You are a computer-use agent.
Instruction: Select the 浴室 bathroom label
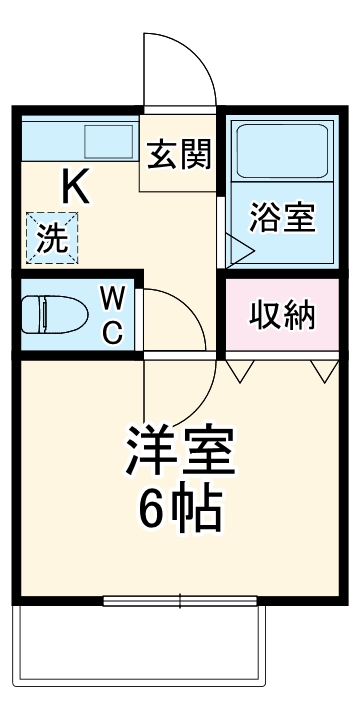283,217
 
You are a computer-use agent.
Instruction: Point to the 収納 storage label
283,316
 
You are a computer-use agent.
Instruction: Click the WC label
113,315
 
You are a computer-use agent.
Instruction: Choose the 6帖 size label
180,510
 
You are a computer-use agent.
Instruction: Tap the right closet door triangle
323,370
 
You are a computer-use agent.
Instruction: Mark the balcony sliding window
180,601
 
